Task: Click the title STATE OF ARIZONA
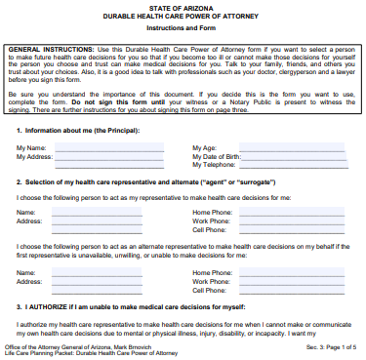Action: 183,7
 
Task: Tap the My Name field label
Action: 31,147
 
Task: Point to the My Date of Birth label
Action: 218,156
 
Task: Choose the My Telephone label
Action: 214,166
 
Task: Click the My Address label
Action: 34,156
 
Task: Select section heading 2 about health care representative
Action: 137,182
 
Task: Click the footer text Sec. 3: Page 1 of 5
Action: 333,345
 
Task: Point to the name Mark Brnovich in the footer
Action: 136,345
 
